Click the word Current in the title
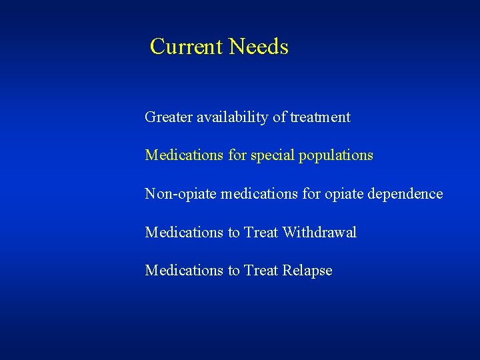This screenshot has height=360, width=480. coord(187,47)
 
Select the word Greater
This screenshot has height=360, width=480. coord(168,117)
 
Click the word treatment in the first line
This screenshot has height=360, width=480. coord(320,117)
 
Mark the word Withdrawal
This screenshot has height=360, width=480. coord(319,232)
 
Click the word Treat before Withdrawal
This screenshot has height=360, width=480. coord(261,232)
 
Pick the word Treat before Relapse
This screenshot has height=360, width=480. coord(261,270)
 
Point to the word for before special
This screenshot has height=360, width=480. coord(237,155)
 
